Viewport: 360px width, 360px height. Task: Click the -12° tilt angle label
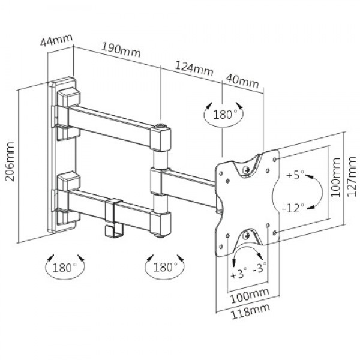click(x=295, y=207)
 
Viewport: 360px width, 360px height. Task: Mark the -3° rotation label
click(x=260, y=269)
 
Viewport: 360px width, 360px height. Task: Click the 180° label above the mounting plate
click(x=223, y=114)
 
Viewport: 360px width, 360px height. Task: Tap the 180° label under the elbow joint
click(x=163, y=265)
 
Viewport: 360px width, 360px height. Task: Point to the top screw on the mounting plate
click(x=246, y=169)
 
